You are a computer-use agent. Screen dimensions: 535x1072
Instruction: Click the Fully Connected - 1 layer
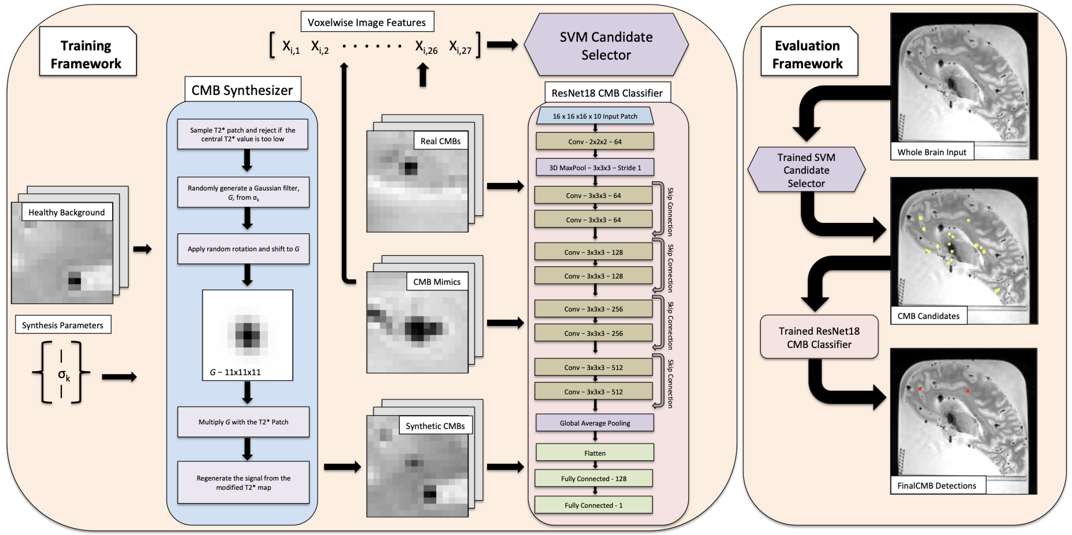pos(594,505)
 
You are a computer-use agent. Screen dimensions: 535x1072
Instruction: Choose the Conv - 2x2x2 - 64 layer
pos(595,142)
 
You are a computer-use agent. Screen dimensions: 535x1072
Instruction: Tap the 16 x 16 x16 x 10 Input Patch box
pos(595,116)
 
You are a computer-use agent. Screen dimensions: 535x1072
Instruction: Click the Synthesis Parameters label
pos(63,325)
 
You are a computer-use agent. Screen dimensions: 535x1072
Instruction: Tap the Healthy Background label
pos(67,212)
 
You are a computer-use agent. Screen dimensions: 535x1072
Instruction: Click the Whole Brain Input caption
pos(931,152)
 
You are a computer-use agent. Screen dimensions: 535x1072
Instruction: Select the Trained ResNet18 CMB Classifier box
pos(819,337)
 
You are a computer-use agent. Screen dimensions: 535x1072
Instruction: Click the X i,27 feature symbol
pos(460,47)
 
